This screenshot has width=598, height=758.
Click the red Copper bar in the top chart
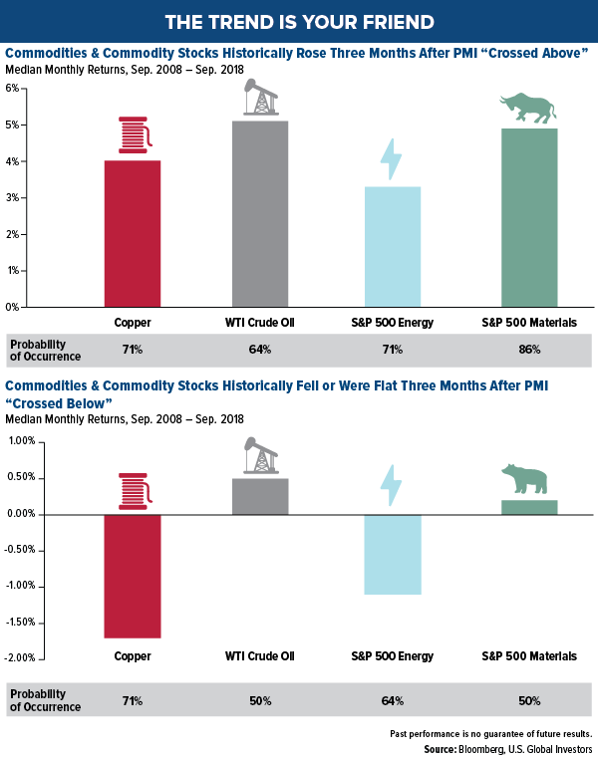click(133, 233)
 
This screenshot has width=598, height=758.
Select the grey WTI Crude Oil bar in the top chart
click(260, 213)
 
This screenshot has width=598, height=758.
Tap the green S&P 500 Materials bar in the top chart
click(528, 217)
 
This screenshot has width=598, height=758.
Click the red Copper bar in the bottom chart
click(133, 576)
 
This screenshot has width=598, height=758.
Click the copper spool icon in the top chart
click(133, 135)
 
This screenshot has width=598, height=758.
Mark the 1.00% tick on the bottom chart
click(21, 441)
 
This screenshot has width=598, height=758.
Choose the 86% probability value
click(528, 350)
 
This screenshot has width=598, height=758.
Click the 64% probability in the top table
click(260, 350)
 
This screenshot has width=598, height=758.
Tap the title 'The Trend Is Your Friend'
click(299, 21)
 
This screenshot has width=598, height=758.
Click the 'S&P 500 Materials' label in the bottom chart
click(529, 657)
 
